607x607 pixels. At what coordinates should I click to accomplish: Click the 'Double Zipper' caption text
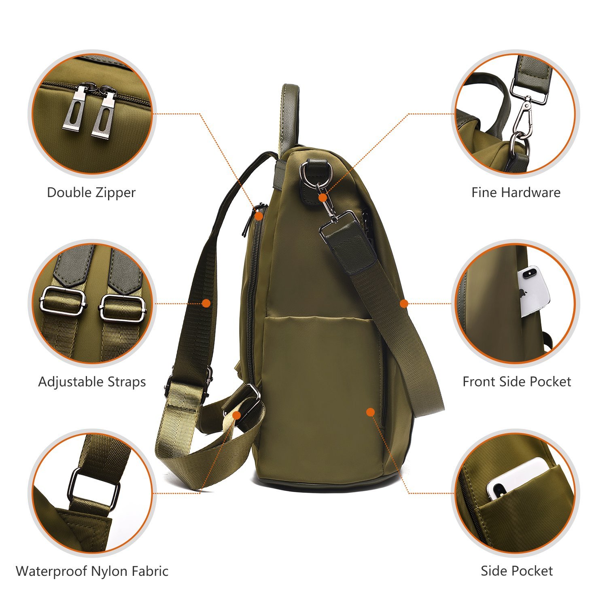pos(91,192)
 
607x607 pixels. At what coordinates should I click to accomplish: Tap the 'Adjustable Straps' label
pos(92,382)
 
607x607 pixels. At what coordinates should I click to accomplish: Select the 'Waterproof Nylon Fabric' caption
pos(92,571)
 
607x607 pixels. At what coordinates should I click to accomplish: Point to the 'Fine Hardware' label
pos(516,192)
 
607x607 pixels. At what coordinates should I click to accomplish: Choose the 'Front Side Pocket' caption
pos(517,382)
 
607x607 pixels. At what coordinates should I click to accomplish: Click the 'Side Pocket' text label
pos(517,571)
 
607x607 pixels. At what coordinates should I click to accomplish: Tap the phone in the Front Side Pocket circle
pos(533,291)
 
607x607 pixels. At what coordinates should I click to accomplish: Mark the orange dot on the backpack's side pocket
pos(370,412)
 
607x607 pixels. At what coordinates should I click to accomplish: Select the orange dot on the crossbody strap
pos(404,303)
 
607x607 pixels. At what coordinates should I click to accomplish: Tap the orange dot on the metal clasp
pos(323,197)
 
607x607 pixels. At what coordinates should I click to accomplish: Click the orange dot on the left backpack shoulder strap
pos(206,303)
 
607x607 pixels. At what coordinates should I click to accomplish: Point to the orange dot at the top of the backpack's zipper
pos(259,215)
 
